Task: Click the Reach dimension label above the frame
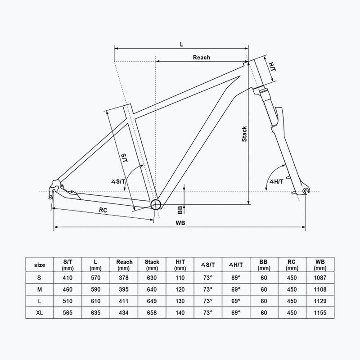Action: click(201, 58)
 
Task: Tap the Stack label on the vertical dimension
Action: click(244, 134)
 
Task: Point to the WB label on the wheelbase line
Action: click(180, 223)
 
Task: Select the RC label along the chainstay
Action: click(103, 210)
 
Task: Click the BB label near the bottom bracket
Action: click(180, 210)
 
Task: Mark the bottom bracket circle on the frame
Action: click(156, 204)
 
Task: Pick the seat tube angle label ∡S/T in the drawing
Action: click(118, 182)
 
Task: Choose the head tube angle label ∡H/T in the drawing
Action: click(276, 182)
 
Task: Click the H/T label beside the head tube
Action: click(272, 66)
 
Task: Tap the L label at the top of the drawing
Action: click(182, 44)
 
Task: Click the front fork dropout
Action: click(306, 190)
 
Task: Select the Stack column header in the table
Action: click(152, 265)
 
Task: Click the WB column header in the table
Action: click(320, 265)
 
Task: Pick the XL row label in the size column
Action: click(40, 313)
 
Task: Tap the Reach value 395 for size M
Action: click(123, 289)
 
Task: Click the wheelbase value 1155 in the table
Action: click(320, 313)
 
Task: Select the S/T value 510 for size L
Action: click(67, 301)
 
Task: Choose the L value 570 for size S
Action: click(95, 278)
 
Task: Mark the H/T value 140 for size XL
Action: click(180, 313)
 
